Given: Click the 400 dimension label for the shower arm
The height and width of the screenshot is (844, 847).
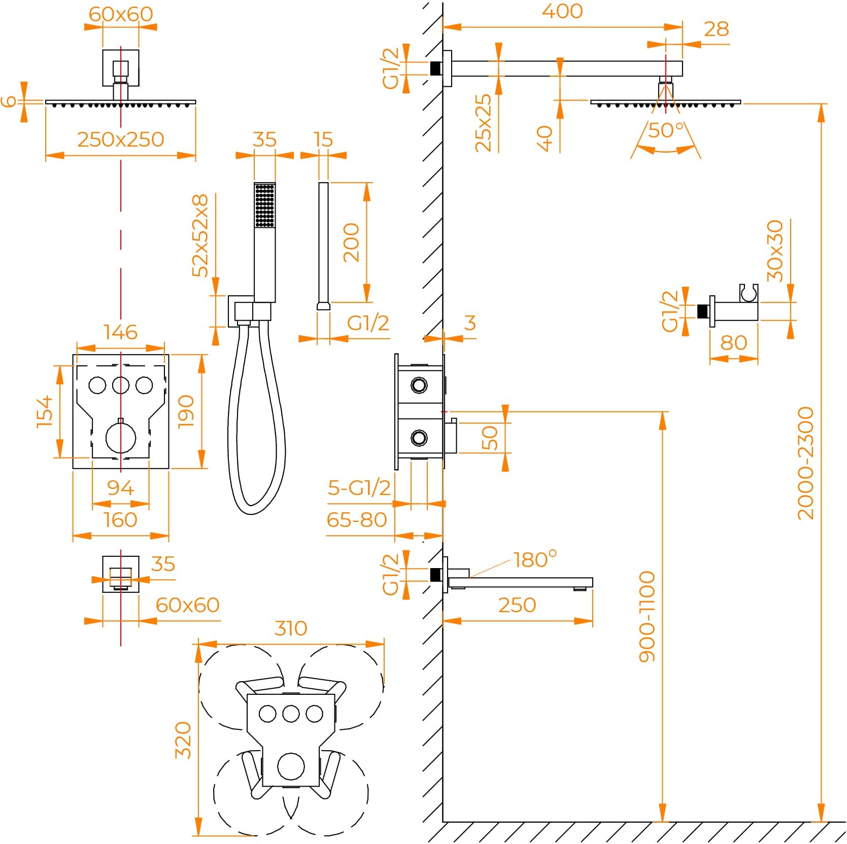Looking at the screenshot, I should (x=562, y=11).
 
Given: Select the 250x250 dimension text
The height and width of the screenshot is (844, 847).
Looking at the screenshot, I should (x=121, y=139).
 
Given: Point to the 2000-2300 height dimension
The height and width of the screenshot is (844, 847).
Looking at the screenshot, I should (x=806, y=463).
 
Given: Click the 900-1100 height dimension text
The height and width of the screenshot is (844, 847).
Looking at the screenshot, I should (x=647, y=616).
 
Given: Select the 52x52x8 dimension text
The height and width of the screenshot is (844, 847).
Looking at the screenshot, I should (x=200, y=235).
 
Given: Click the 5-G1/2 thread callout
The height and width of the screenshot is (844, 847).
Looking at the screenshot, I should (x=359, y=488).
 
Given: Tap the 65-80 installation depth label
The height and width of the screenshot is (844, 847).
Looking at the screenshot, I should (x=357, y=520).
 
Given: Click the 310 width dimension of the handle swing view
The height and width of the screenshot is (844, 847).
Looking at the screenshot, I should (x=291, y=628).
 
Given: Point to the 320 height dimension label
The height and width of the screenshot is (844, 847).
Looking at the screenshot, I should (x=183, y=740).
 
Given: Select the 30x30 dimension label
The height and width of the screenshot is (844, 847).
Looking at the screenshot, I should (x=775, y=251).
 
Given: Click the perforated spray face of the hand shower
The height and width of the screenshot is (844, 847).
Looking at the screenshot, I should (x=264, y=205).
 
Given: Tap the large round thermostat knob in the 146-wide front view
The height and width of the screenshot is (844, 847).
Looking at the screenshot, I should (x=121, y=438).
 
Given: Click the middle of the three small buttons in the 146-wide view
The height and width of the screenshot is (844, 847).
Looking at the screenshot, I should (x=121, y=385).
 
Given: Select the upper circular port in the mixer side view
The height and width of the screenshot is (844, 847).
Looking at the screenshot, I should (x=419, y=385).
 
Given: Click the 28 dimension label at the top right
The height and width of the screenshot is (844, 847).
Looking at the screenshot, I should (x=716, y=29).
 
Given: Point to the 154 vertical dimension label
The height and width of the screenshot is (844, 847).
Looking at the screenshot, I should (x=45, y=412).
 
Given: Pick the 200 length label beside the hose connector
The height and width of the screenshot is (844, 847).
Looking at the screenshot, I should (x=351, y=242).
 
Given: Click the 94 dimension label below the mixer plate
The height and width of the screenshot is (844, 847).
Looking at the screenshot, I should (x=121, y=488).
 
